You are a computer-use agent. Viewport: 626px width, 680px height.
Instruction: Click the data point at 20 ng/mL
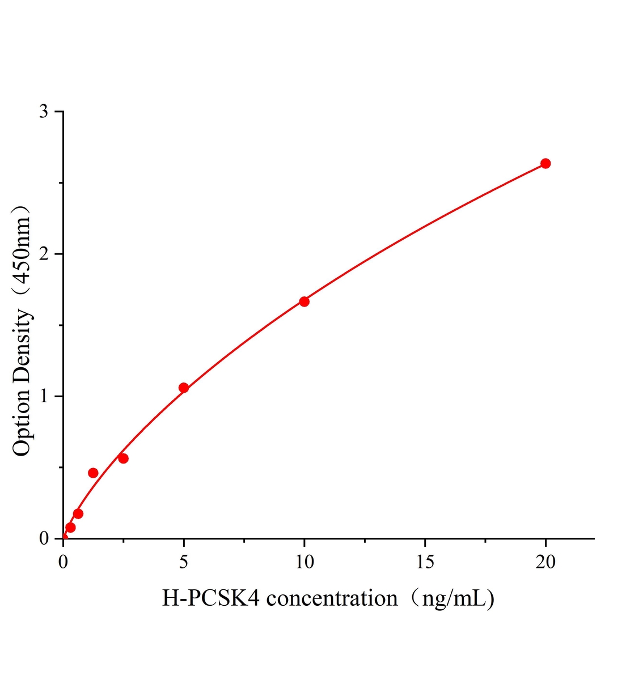point(545,163)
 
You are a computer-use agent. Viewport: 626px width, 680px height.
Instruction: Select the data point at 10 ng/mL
point(304,301)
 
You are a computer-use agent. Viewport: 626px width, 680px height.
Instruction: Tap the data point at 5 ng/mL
point(184,388)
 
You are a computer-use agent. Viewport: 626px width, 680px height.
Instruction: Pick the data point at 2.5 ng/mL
point(123,458)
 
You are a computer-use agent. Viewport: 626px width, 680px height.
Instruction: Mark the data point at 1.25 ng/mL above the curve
point(93,473)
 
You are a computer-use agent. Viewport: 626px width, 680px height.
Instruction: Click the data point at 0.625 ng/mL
point(78,513)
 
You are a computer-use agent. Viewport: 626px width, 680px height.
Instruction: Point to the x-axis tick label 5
point(184,562)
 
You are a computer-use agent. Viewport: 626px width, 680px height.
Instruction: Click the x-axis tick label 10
point(304,562)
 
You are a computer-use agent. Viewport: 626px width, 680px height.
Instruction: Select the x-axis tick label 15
point(425,562)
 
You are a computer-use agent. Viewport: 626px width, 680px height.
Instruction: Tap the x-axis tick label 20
point(545,562)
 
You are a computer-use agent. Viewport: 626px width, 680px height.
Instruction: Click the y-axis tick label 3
point(43,112)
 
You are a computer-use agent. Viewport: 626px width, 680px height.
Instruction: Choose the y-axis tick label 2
point(43,254)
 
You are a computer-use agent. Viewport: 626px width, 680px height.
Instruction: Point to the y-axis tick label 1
point(43,396)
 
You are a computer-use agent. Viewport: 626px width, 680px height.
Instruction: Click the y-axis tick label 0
point(43,538)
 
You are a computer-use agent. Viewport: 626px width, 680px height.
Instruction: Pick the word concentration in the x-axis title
point(332,598)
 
